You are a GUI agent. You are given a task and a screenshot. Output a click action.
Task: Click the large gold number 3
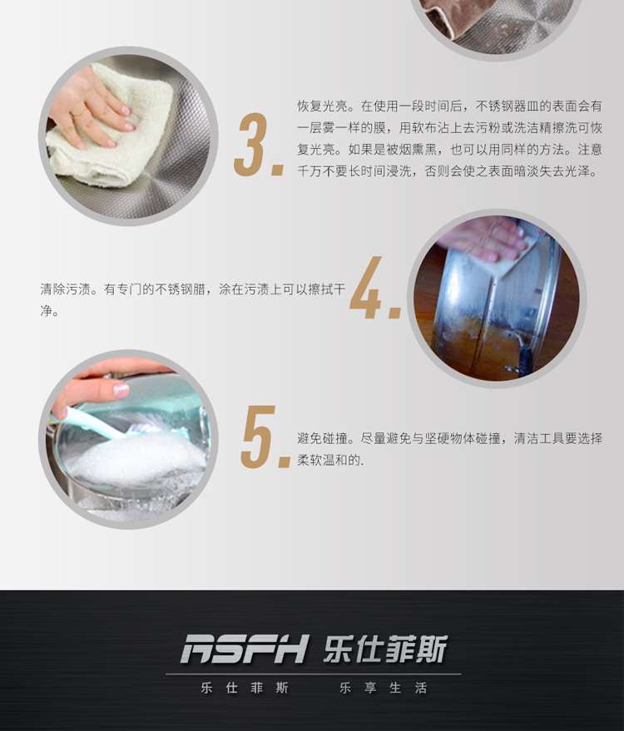tap(252, 145)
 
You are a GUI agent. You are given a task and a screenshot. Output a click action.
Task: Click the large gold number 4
tap(367, 287)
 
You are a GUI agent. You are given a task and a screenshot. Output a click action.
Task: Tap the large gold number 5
tap(259, 437)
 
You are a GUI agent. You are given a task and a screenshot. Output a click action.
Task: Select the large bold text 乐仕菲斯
tap(385, 649)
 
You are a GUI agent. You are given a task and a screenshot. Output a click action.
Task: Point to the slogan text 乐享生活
tap(384, 688)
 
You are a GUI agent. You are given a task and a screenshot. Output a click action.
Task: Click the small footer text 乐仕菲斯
tap(245, 688)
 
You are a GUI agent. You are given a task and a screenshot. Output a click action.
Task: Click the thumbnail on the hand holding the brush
tap(121, 390)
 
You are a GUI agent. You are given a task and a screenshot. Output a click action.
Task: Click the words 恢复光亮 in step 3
tap(323, 106)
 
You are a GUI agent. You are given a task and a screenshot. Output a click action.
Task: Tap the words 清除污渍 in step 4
tap(65, 289)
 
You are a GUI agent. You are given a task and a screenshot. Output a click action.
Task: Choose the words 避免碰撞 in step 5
tap(323, 438)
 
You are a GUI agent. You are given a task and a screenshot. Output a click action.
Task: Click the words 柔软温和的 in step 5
tap(329, 460)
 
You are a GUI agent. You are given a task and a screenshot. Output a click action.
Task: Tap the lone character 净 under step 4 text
tap(47, 311)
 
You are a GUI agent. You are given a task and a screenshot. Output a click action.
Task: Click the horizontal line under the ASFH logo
tap(314, 674)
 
